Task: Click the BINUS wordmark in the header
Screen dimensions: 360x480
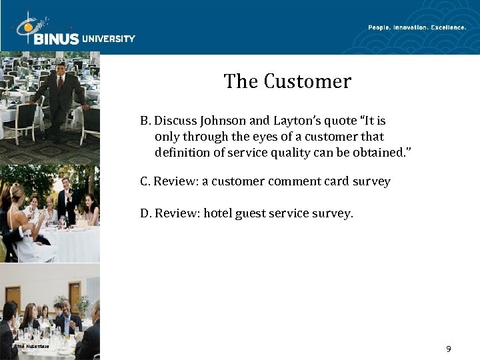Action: (55, 38)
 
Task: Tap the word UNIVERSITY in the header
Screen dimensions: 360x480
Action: (109, 39)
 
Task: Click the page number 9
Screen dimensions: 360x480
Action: (449, 349)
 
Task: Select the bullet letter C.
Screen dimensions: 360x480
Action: (145, 181)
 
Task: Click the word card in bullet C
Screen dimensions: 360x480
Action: (330, 181)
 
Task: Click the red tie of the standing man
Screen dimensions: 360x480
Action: (60, 83)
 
